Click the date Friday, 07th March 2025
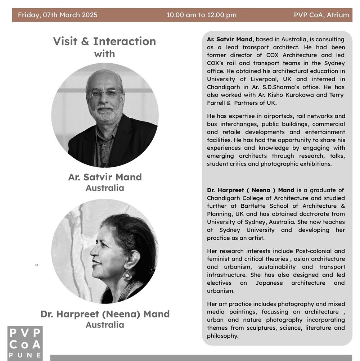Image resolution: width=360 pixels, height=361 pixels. [x=58, y=15]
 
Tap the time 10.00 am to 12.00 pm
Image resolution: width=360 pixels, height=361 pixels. [x=201, y=15]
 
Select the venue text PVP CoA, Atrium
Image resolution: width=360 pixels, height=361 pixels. [x=321, y=15]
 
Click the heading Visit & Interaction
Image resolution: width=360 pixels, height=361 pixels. [x=104, y=41]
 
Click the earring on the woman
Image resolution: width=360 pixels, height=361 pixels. [x=127, y=275]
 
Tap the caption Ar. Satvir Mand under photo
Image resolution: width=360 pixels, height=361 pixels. [x=105, y=177]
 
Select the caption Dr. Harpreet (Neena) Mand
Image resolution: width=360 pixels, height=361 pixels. [x=105, y=314]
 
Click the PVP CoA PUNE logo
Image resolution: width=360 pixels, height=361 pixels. [x=25, y=343]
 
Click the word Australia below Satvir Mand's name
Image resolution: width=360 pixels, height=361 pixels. [x=105, y=188]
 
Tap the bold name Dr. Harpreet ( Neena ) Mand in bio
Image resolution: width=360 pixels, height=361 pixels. [x=251, y=190]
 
